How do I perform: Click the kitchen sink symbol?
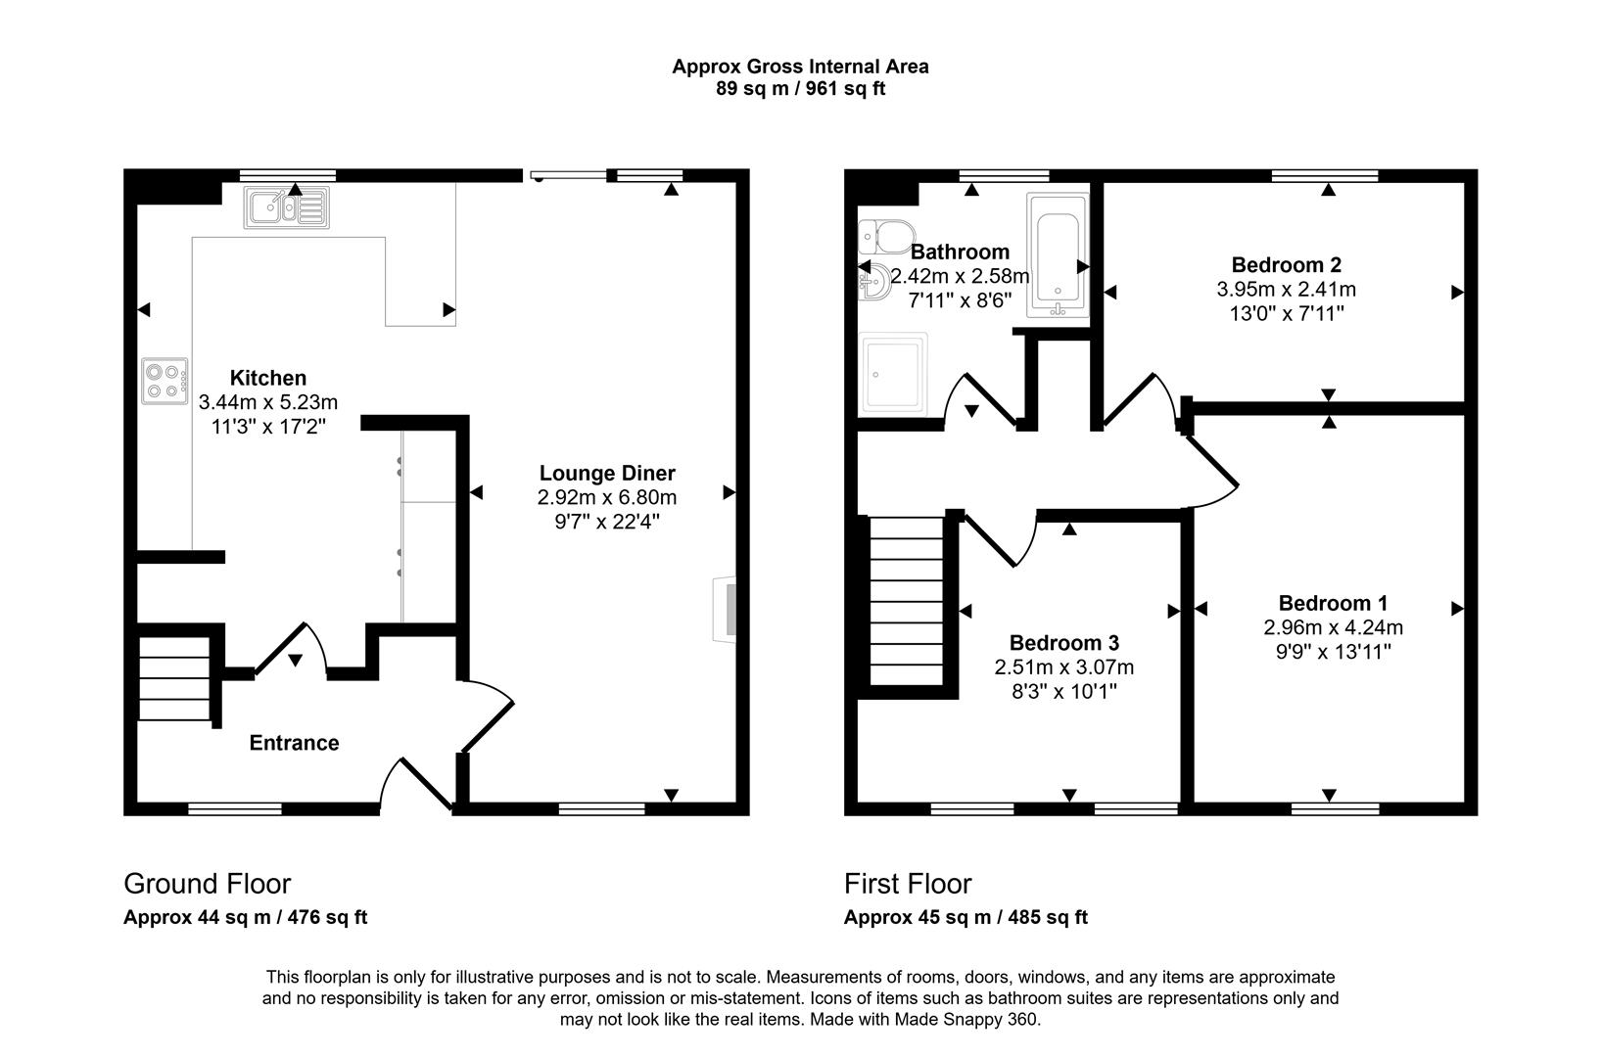coord(287,207)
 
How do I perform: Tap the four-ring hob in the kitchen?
coord(165,381)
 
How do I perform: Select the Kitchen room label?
coord(267,378)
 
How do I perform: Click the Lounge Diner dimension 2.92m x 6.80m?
coord(606,497)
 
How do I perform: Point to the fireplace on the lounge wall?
coord(727,610)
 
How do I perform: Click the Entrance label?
coord(294,743)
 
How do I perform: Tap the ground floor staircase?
coord(174,679)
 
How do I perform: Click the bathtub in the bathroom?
coord(1057,254)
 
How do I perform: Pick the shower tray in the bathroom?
coord(892,374)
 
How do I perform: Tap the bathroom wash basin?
coord(874,282)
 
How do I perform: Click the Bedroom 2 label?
coord(1286,264)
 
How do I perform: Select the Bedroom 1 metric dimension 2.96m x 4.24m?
coord(1333,627)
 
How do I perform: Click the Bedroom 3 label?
coord(1063,643)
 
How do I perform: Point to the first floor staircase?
coord(906,601)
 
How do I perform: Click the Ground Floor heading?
coord(207,884)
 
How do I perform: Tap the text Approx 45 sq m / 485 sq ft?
coord(965,918)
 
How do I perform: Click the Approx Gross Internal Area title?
coord(800,67)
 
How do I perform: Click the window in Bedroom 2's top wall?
coord(1325,176)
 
